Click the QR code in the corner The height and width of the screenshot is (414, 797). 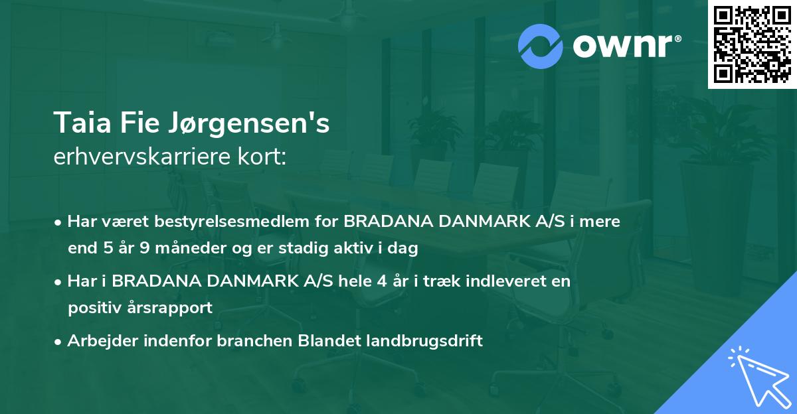(752, 44)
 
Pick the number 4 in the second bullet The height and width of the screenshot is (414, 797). (381, 281)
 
